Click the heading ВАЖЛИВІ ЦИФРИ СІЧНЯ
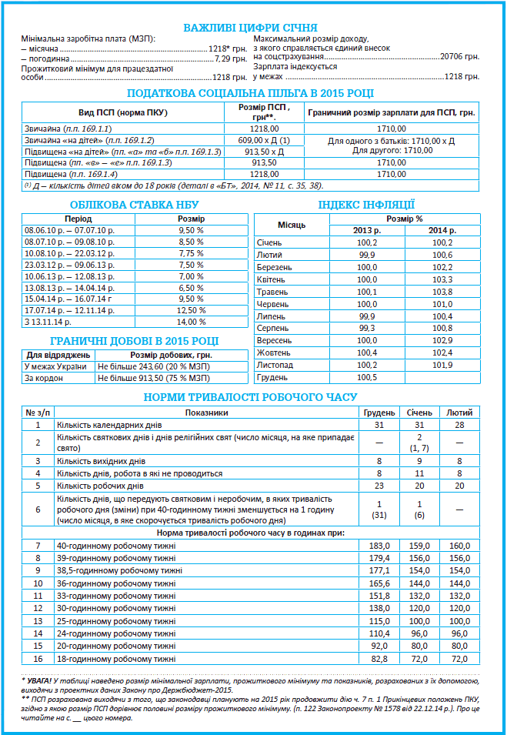click(250, 28)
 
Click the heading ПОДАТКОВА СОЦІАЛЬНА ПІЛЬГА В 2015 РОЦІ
click(250, 93)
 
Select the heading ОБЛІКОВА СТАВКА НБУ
click(134, 205)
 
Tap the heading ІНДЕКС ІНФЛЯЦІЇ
click(366, 205)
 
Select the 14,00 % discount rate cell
click(192, 322)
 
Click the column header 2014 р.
click(442, 231)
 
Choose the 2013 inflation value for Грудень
click(368, 376)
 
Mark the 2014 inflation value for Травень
click(442, 292)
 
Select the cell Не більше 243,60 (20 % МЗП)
click(153, 366)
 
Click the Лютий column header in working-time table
click(459, 413)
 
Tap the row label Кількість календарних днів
click(101, 424)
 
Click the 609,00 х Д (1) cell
click(265, 141)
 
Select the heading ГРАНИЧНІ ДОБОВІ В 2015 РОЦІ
click(134, 341)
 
